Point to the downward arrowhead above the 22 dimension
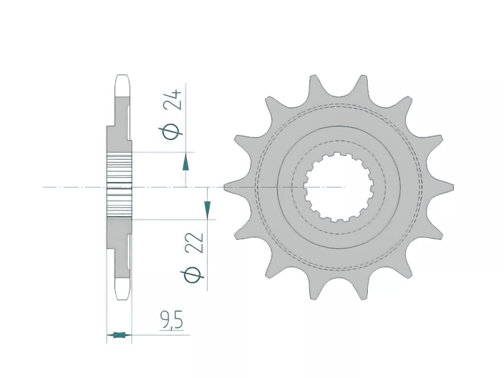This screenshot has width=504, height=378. [207, 210]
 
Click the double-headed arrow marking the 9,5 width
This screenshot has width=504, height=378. [119, 336]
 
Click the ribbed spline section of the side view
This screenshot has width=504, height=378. [120, 187]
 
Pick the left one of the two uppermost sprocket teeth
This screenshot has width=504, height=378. [315, 83]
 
